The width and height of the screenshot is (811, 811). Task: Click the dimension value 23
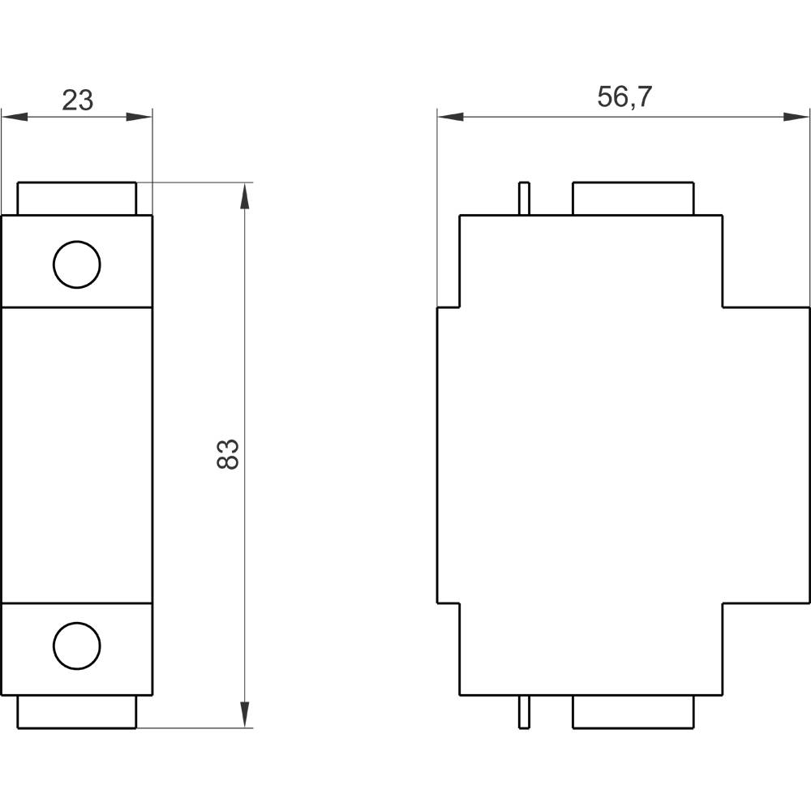tap(78, 100)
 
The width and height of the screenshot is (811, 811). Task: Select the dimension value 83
tap(229, 454)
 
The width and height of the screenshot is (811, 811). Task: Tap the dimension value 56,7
tap(624, 97)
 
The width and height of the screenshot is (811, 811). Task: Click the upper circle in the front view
tap(77, 264)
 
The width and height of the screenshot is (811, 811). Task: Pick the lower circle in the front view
tap(77, 646)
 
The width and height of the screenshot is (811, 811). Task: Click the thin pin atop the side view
tap(524, 199)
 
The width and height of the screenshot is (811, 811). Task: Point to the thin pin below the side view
tap(524, 711)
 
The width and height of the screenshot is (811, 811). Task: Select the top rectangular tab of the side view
tap(633, 199)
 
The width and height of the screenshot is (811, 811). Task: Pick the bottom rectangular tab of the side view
tap(633, 711)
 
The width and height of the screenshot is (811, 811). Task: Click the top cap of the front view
tap(77, 199)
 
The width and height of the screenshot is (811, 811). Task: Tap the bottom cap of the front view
tap(77, 711)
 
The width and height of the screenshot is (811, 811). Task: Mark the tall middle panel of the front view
tap(77, 454)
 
